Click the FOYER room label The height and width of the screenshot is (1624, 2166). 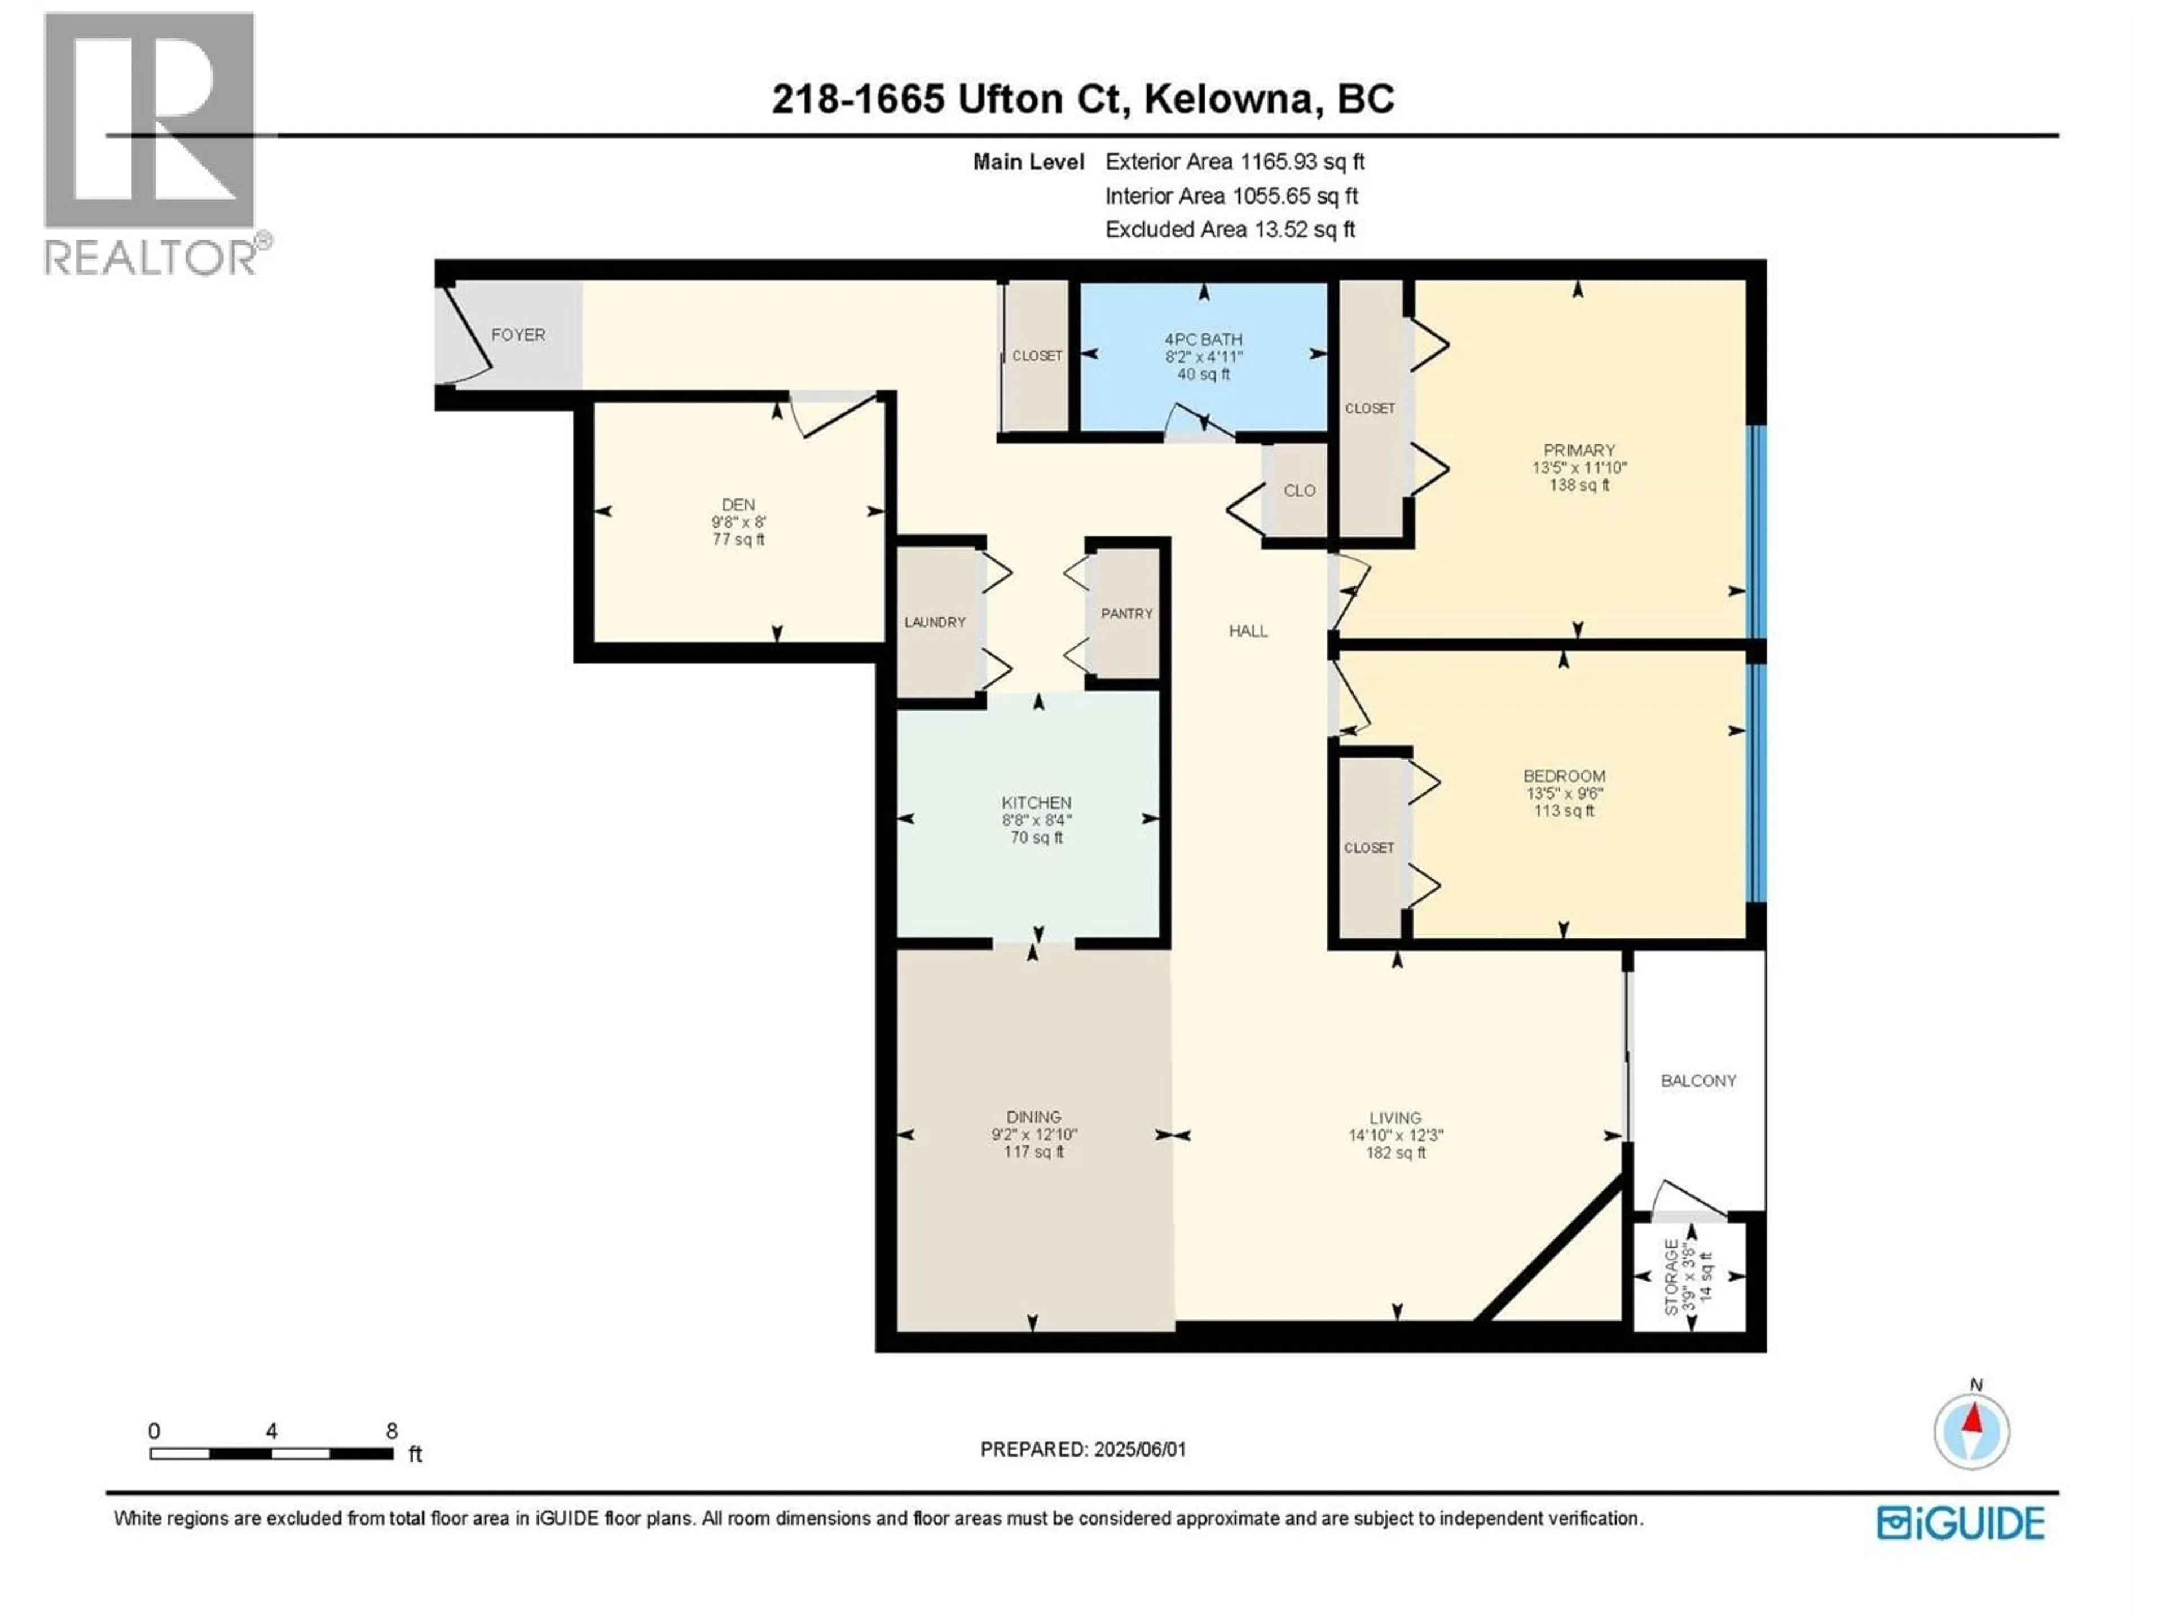click(518, 335)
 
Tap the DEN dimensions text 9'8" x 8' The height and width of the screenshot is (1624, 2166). click(738, 522)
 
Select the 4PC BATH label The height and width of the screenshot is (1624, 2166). click(1204, 339)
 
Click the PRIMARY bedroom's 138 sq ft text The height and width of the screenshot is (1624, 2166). click(1578, 484)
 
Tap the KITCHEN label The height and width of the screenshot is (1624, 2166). click(1036, 802)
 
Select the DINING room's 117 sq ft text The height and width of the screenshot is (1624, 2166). click(1033, 1152)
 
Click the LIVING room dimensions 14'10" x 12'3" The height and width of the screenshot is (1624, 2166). click(1395, 1136)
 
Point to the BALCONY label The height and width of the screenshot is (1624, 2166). click(1698, 1081)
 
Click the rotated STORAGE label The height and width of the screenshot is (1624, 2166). click(1671, 1276)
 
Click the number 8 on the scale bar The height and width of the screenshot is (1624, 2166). click(391, 1431)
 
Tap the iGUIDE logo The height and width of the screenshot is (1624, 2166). click(1960, 1523)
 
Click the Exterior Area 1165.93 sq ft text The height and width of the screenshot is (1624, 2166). click(1234, 161)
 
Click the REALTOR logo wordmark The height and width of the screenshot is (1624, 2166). click(152, 258)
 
